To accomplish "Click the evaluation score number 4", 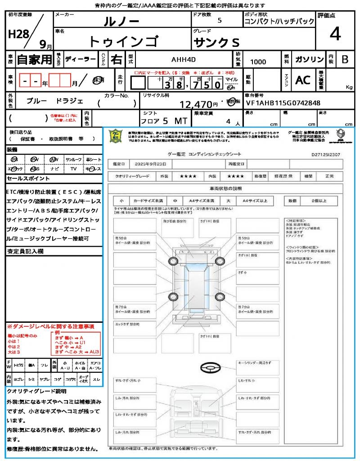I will tap(335, 34).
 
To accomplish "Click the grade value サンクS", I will tap(216, 43).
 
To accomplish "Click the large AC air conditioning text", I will tap(303, 80).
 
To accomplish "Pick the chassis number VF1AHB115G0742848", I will tap(283, 103).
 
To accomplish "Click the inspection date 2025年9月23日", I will tap(151, 163).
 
